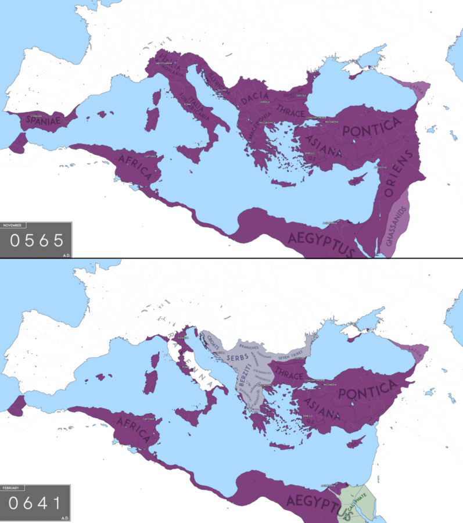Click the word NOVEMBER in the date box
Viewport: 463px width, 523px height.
(12, 225)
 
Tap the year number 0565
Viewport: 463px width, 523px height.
(36, 240)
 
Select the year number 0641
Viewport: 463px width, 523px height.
(36, 503)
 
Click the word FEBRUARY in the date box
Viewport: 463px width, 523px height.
(12, 488)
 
